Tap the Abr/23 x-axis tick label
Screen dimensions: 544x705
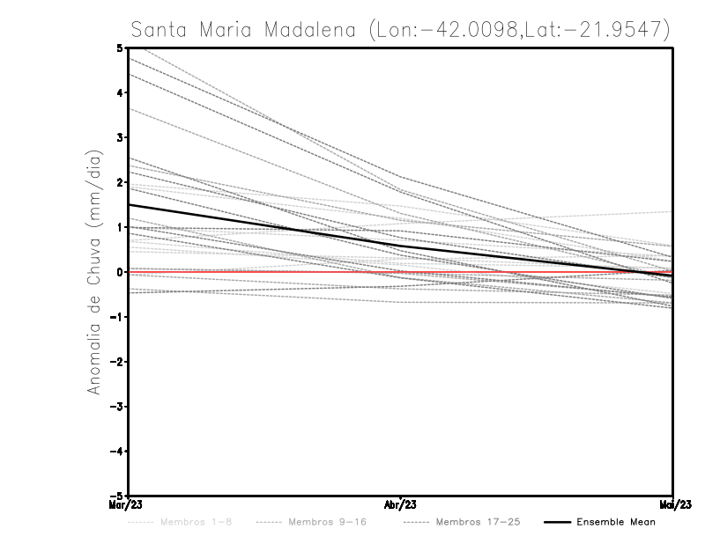(401, 505)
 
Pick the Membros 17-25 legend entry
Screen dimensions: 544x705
(478, 522)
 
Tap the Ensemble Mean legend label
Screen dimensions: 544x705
(615, 522)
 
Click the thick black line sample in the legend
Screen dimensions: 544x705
(556, 522)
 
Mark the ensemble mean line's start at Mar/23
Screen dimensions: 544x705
(130, 204)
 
